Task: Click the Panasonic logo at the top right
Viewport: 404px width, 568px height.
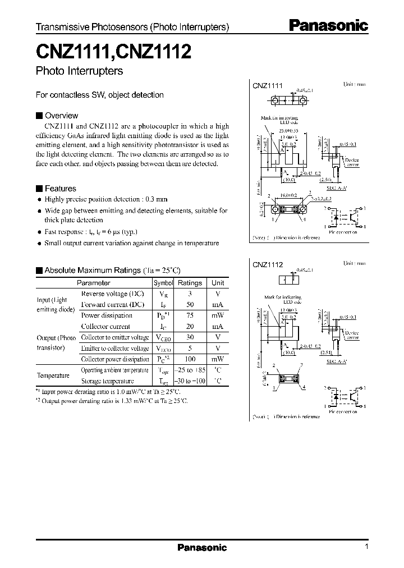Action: (328, 25)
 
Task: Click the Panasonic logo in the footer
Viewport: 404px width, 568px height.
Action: (202, 548)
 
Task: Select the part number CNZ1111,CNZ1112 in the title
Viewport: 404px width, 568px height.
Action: (114, 52)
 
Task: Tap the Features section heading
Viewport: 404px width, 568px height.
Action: (59, 189)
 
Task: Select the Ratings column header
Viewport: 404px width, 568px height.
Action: (190, 283)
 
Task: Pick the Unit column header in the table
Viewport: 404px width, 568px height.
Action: (217, 283)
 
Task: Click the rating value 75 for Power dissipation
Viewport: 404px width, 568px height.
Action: (190, 315)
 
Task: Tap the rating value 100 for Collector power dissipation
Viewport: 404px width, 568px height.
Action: (190, 359)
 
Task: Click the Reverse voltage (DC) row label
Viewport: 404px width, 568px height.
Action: (113, 294)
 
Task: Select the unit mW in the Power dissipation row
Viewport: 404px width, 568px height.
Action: (217, 315)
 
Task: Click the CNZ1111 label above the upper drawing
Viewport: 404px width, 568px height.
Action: (268, 86)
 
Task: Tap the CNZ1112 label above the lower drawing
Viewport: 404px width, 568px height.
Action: (268, 264)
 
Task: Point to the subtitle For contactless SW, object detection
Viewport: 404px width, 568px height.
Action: (99, 95)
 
